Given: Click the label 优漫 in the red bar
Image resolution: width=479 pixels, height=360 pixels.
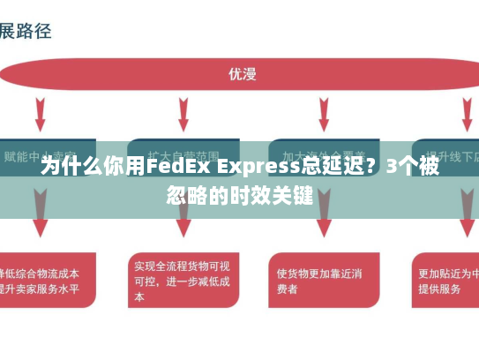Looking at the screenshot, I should point(241,74).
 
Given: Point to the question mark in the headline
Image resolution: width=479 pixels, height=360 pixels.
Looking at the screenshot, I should point(373,166).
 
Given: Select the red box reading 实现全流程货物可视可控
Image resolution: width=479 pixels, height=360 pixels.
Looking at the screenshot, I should point(183,280).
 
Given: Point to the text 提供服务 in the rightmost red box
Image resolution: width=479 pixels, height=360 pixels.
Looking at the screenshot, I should point(438,289).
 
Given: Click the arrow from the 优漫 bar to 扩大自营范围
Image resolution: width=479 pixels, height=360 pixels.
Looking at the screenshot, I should point(182,113).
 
